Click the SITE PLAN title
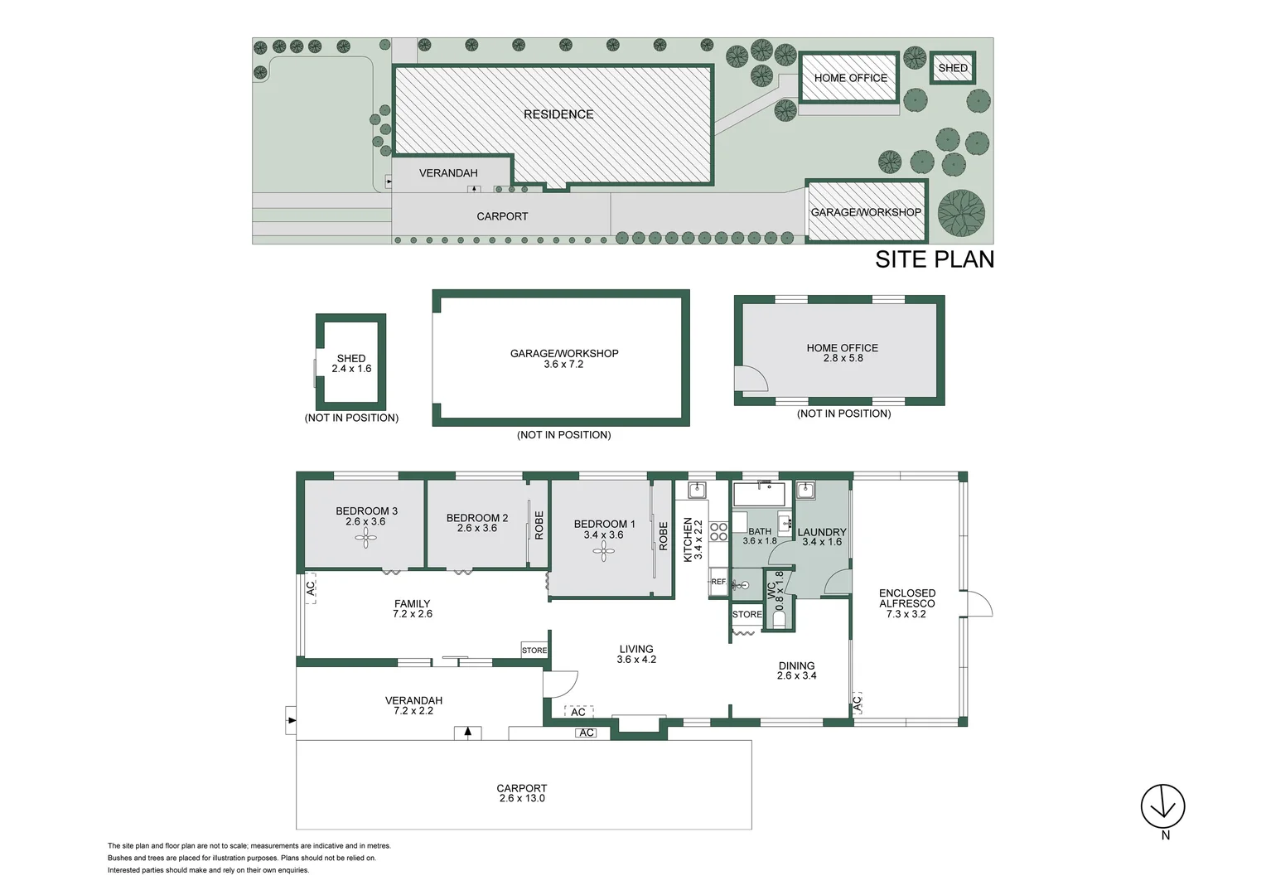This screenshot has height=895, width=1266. click(935, 259)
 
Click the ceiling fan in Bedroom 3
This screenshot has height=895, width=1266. click(365, 538)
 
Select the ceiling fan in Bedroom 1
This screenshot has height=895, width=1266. click(604, 551)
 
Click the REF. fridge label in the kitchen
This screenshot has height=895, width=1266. click(718, 581)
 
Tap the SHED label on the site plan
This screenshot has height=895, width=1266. click(953, 68)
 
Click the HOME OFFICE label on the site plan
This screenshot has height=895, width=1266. click(851, 78)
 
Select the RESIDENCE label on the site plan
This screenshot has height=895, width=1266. click(558, 114)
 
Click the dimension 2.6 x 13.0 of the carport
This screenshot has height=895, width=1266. click(522, 798)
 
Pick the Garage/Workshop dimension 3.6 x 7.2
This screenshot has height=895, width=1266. click(563, 364)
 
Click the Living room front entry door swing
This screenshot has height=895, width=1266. click(561, 684)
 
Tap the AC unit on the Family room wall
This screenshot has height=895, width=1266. click(310, 588)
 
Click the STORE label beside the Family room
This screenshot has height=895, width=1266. click(534, 651)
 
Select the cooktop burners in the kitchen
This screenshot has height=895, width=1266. click(718, 531)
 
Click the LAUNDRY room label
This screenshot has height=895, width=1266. click(822, 532)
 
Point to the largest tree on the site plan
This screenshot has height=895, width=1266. click(961, 214)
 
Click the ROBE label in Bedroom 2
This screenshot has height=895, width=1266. click(539, 525)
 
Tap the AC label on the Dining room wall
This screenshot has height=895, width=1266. click(857, 704)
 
